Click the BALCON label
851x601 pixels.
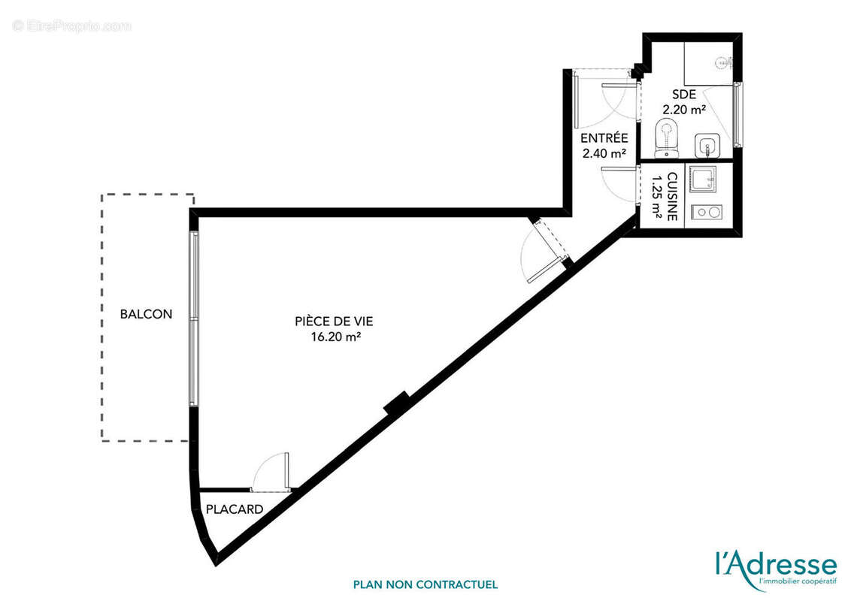coord(146,314)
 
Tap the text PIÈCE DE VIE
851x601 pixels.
coord(334,322)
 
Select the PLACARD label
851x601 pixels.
coord(235,509)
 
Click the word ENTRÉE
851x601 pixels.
coord(604,138)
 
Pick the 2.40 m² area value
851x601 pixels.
coord(604,153)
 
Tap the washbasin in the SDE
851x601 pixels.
coord(707,144)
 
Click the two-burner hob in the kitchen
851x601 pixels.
coord(707,212)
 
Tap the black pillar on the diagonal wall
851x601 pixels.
coord(396,403)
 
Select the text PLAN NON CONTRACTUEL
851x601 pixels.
coord(425,584)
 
